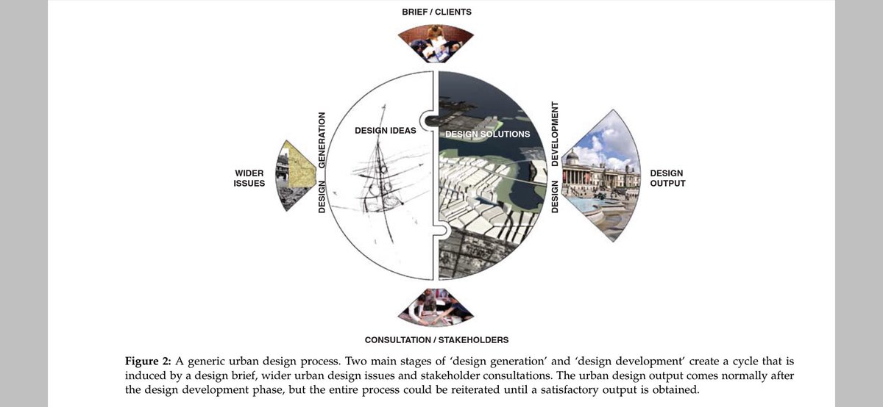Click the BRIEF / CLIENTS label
pos(436,12)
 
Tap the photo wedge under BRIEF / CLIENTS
pos(436,44)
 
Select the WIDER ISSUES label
pos(249,178)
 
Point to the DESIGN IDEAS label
pos(385,131)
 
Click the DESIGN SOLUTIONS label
pos(486,134)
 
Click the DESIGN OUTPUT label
pos(667,178)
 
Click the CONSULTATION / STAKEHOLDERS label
pos(436,340)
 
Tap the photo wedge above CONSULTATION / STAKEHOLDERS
pos(436,307)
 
